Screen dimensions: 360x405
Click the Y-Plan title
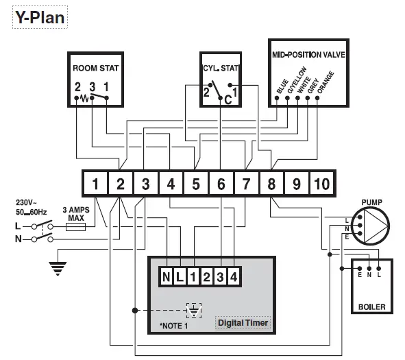(x=40, y=16)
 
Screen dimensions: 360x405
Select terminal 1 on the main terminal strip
(x=96, y=184)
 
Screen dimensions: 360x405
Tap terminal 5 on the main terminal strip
(x=195, y=184)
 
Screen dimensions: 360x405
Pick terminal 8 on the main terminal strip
(x=271, y=184)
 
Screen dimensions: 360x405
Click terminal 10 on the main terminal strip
(x=321, y=184)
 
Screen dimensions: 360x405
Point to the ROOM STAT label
(x=95, y=69)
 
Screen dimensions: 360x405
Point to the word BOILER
(x=370, y=307)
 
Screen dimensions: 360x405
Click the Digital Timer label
(x=243, y=322)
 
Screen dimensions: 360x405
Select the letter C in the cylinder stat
(x=228, y=99)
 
